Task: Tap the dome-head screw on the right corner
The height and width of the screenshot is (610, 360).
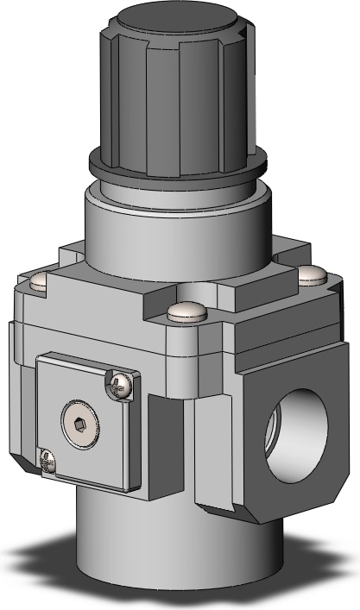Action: [x=312, y=276]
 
